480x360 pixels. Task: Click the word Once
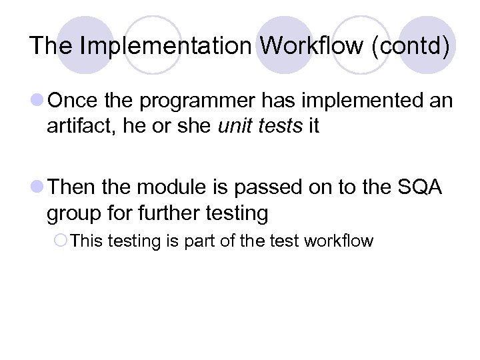point(73,101)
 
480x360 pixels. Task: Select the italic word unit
point(233,126)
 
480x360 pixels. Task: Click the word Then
point(73,188)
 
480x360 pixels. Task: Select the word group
point(71,213)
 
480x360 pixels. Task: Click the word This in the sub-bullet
point(85,241)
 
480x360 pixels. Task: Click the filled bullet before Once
point(37,101)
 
